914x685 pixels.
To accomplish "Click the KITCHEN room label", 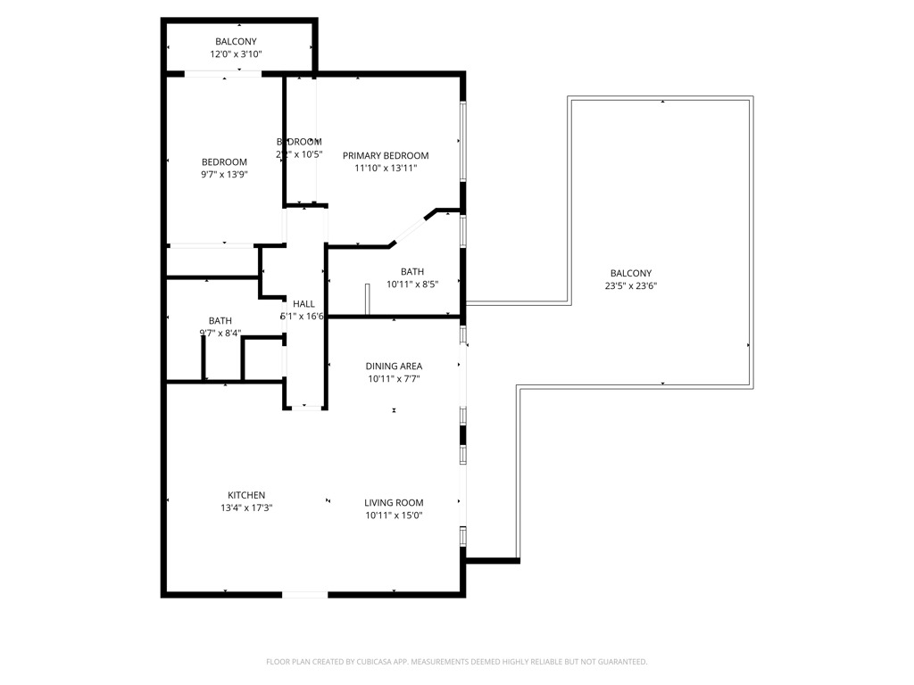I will pos(246,495).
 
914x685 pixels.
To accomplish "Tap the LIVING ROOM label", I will pos(394,502).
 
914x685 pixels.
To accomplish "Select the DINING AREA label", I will pos(394,366).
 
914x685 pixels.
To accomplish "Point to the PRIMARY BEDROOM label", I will pos(386,155).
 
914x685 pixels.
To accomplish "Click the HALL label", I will pos(303,304).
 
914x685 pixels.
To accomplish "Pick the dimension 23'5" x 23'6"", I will pos(631,286).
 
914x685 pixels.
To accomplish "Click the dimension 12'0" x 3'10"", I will pos(236,54).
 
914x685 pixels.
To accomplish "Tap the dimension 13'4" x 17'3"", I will pos(246,508).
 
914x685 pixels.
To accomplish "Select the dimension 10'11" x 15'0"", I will pos(394,515).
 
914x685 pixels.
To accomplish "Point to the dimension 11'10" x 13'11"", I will pos(386,168).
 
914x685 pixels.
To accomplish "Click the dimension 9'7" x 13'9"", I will pos(224,175).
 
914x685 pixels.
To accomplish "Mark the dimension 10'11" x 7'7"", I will pos(394,378).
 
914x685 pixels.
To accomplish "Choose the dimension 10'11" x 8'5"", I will pos(412,285).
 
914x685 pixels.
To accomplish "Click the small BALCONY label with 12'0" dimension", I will pos(236,42).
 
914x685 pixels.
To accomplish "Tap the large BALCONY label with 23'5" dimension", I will pos(631,274).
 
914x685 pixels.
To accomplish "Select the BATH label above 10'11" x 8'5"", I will pos(412,272).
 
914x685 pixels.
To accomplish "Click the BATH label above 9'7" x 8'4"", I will pos(220,321).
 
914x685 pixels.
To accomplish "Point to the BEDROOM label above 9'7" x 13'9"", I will pos(224,162).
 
